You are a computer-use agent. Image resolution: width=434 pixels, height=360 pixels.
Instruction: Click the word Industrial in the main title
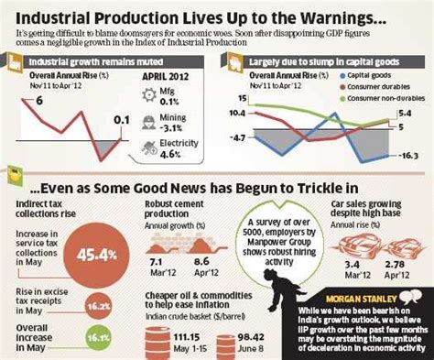tap(60, 17)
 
